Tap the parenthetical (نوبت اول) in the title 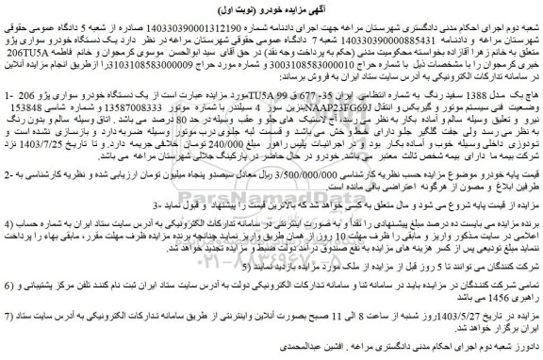pyautogui.click(x=239, y=9)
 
